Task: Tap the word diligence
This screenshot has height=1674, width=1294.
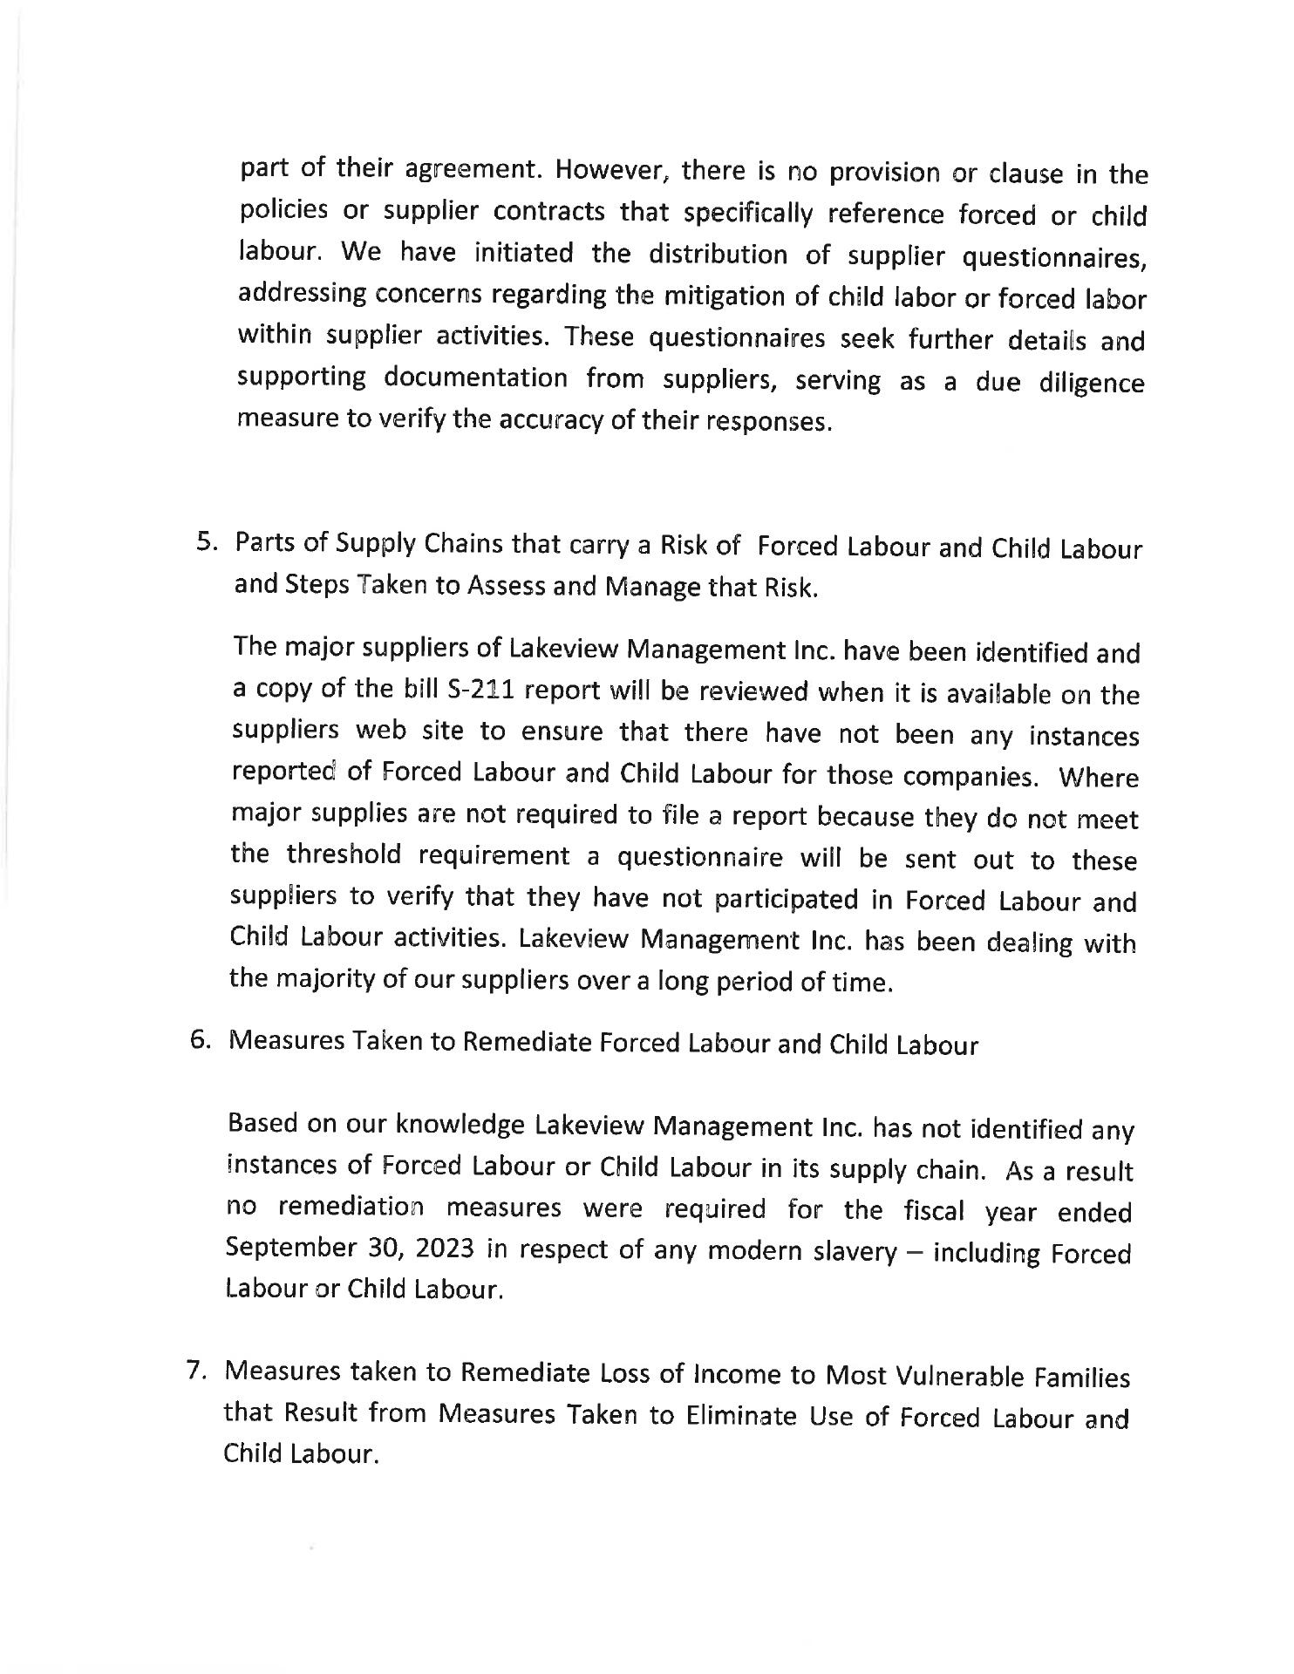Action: pos(1091,384)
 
